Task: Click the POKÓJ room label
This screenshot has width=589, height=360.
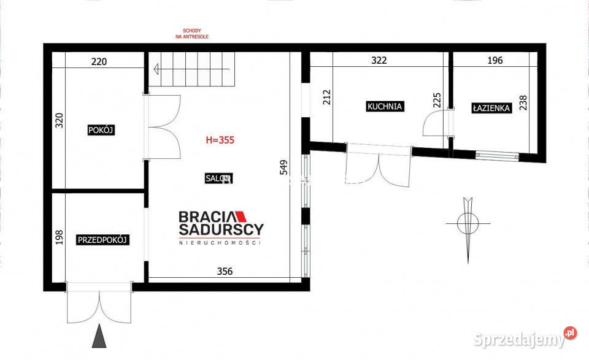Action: coord(101,130)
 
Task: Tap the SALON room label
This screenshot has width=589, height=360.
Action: coord(218,178)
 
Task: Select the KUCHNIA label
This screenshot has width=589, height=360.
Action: coord(385,106)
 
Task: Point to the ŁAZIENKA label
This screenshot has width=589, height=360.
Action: coord(491,108)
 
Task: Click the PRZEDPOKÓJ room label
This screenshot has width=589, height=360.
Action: coord(102,240)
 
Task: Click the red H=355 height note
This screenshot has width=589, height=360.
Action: coord(220,140)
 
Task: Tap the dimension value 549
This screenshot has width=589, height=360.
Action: coord(284,167)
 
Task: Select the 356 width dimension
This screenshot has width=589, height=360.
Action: coord(225,271)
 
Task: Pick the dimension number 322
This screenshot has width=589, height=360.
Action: coord(379,60)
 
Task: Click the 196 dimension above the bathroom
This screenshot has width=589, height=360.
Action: coord(495,60)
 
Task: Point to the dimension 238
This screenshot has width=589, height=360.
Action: coord(523,102)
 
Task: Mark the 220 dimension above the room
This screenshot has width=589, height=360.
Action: coord(99,61)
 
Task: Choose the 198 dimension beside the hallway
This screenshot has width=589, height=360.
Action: coord(60,237)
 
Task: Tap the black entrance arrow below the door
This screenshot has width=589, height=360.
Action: coord(99,335)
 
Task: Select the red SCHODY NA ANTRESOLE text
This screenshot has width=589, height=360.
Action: coord(192,34)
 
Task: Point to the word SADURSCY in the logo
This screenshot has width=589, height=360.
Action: coord(221,229)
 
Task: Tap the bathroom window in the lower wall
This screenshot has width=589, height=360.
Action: coord(498,156)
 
